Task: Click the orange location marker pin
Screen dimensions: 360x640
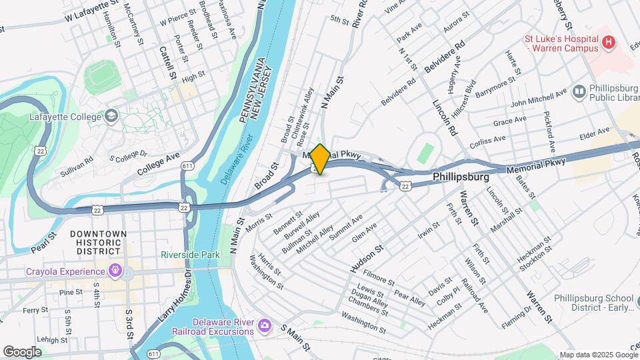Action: (x=320, y=159)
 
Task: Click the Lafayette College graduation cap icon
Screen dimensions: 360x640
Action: (x=111, y=115)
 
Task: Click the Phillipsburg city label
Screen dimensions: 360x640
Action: (x=461, y=178)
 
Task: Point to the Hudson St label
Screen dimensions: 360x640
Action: (x=367, y=259)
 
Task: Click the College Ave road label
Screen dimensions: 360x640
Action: (x=159, y=163)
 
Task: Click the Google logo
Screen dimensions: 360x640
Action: (x=23, y=351)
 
